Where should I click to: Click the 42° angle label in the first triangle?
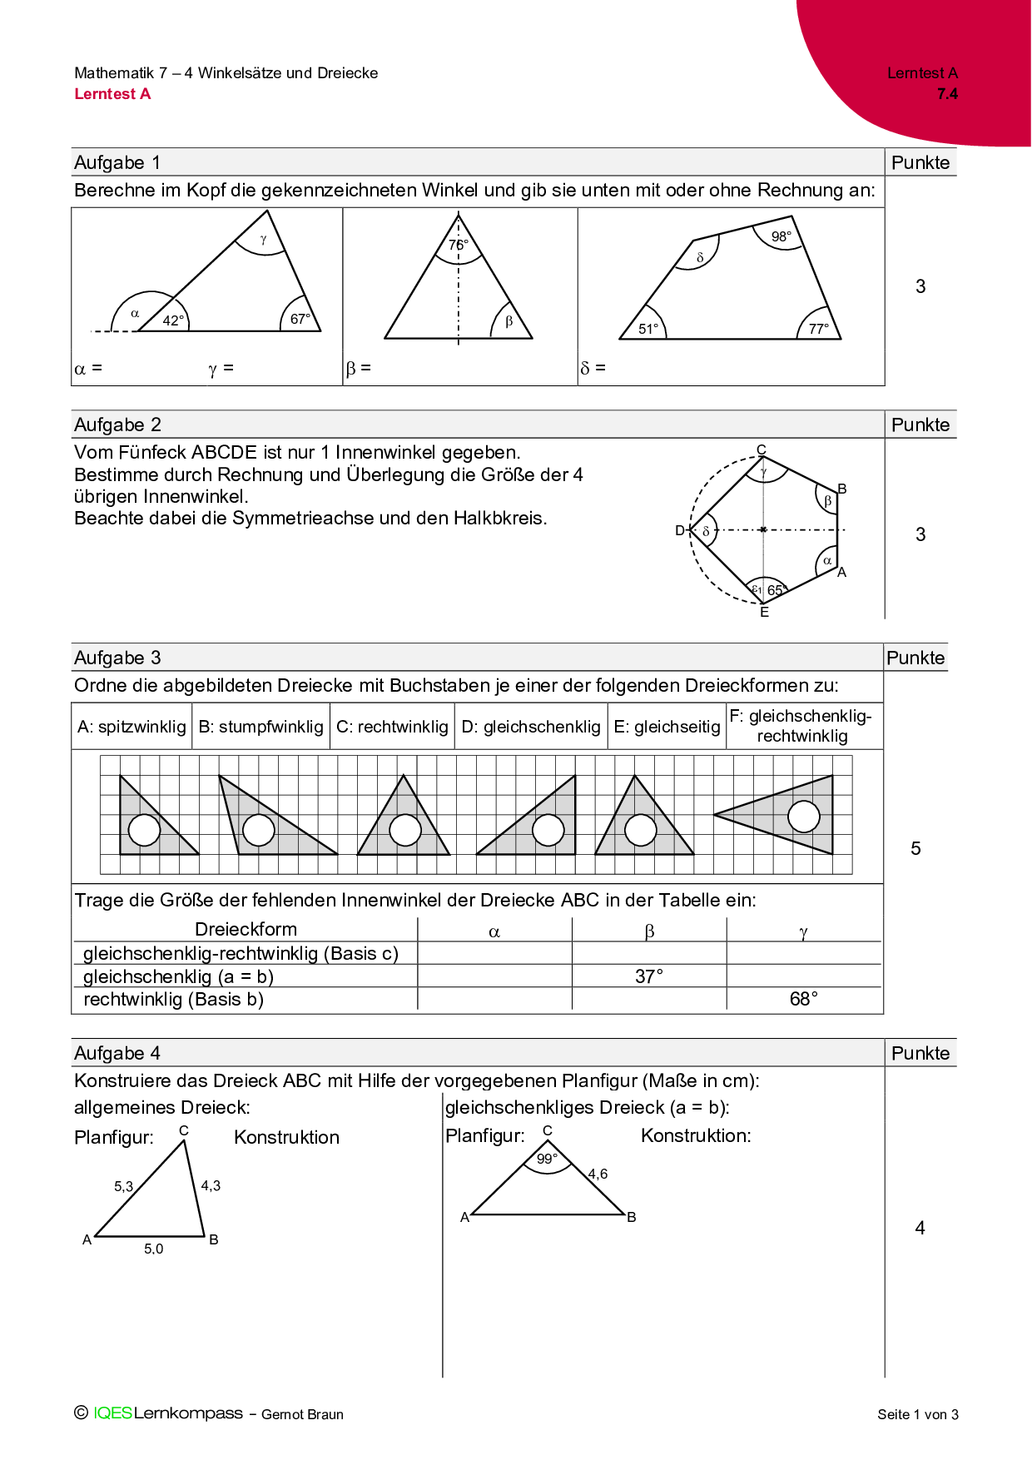click(173, 320)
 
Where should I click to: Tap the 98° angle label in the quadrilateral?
click(781, 236)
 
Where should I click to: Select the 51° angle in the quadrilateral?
click(648, 329)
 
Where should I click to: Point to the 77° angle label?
click(819, 329)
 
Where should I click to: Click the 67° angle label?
click(300, 319)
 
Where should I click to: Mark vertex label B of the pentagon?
click(842, 489)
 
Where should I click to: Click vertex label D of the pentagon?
click(680, 530)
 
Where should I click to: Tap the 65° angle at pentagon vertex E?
click(776, 590)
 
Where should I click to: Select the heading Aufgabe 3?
click(117, 658)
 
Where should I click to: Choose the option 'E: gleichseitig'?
click(667, 727)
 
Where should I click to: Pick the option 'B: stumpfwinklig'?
click(260, 727)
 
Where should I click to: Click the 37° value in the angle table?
click(649, 976)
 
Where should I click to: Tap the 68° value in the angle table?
click(804, 999)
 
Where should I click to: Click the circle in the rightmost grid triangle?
click(804, 817)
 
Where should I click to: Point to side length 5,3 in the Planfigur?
click(123, 1186)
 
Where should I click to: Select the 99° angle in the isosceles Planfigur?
click(547, 1159)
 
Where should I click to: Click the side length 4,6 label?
click(598, 1174)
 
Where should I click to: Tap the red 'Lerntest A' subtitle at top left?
click(112, 94)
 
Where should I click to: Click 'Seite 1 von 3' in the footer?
click(918, 1414)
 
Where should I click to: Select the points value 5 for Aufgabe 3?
click(915, 848)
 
